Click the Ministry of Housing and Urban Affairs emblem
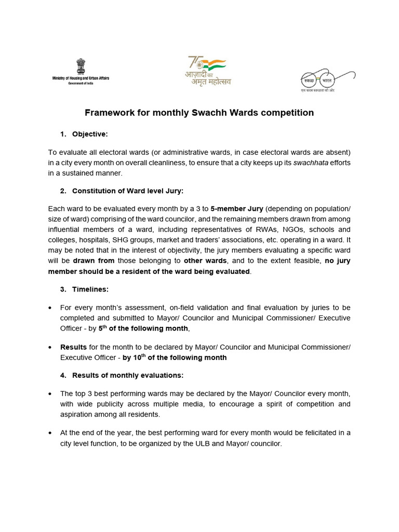81,66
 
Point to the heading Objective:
90,134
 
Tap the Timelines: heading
90,289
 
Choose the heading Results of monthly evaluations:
128,375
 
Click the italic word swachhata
309,163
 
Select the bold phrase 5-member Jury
233,209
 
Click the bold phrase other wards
205,261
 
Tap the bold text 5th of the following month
143,328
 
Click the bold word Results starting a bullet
73,347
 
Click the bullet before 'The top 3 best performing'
49,394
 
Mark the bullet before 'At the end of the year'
49,433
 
